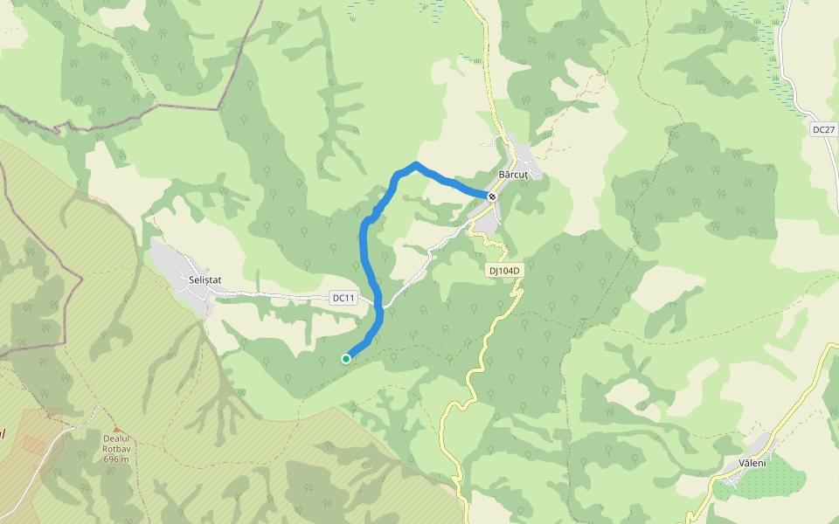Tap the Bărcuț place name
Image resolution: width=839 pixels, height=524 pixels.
click(513, 175)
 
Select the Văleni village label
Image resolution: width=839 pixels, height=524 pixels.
click(752, 463)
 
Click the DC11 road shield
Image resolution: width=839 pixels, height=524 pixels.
click(344, 298)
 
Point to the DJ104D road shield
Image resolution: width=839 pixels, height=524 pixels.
click(504, 271)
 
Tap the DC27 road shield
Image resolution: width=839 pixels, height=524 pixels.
click(823, 130)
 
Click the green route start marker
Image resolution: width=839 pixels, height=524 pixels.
click(346, 359)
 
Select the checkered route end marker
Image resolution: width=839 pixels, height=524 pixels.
click(493, 196)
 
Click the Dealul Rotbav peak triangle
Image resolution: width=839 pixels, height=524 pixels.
click(115, 429)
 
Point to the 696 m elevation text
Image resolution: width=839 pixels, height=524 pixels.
click(115, 459)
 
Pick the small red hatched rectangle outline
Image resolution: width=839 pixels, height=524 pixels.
click(34, 444)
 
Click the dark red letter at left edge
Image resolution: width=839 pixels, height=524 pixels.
click(3, 434)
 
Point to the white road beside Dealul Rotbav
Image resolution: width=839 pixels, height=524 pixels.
click(52, 454)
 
